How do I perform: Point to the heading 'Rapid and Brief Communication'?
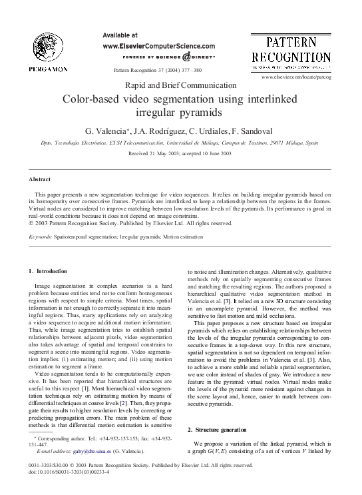click(181, 85)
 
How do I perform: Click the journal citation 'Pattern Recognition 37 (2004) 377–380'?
click(158, 70)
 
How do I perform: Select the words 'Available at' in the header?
click(122, 35)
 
